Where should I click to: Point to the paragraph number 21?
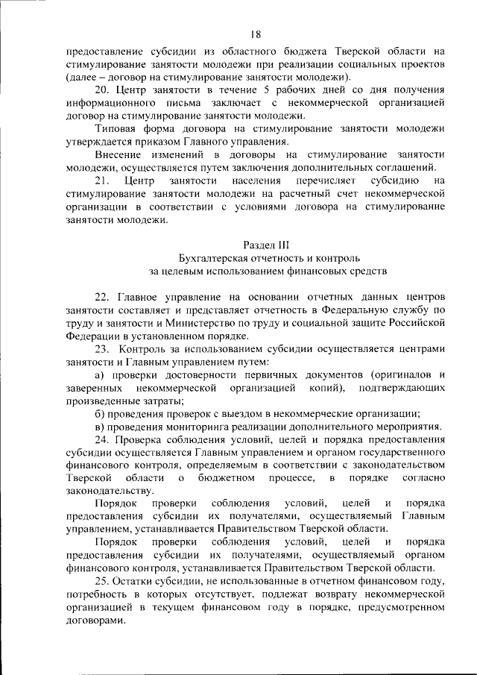[104, 180]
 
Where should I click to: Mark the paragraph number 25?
[104, 580]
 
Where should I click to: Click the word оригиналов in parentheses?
[403, 374]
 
